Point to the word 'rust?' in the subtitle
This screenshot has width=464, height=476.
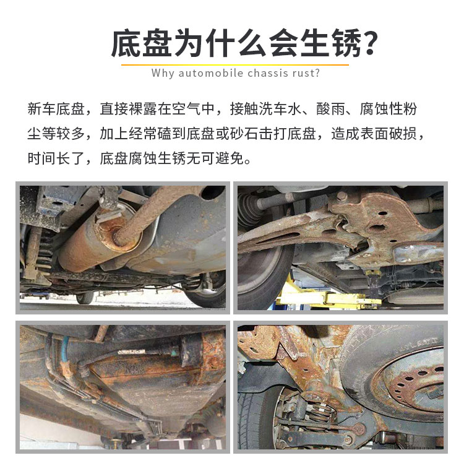coord(306,74)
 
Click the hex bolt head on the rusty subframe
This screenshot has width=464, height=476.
coord(342,197)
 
